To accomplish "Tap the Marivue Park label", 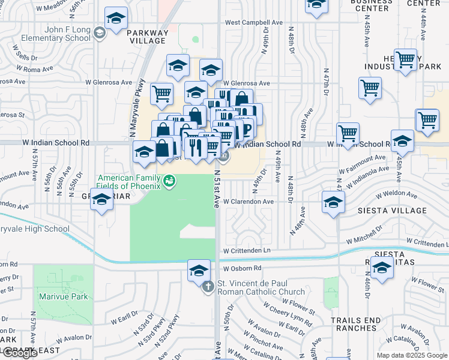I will (63, 296).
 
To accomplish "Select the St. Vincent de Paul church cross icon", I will (208, 287).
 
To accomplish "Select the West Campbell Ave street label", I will (253, 23).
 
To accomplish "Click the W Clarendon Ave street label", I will (249, 202).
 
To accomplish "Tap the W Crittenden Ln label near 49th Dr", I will (247, 250).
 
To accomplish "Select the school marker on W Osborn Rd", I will (199, 271).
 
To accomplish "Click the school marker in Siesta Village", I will (333, 203).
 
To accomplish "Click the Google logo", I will (20, 353).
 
